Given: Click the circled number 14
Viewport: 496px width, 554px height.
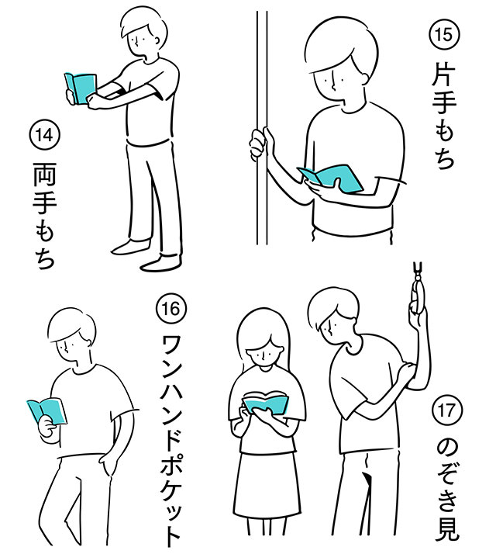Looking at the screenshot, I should [43, 134].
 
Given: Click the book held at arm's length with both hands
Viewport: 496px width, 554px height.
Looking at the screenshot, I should [80, 88].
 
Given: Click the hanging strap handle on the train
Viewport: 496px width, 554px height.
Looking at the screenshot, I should [417, 292].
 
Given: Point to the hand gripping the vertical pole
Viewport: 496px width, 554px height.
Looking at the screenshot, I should [258, 143].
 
